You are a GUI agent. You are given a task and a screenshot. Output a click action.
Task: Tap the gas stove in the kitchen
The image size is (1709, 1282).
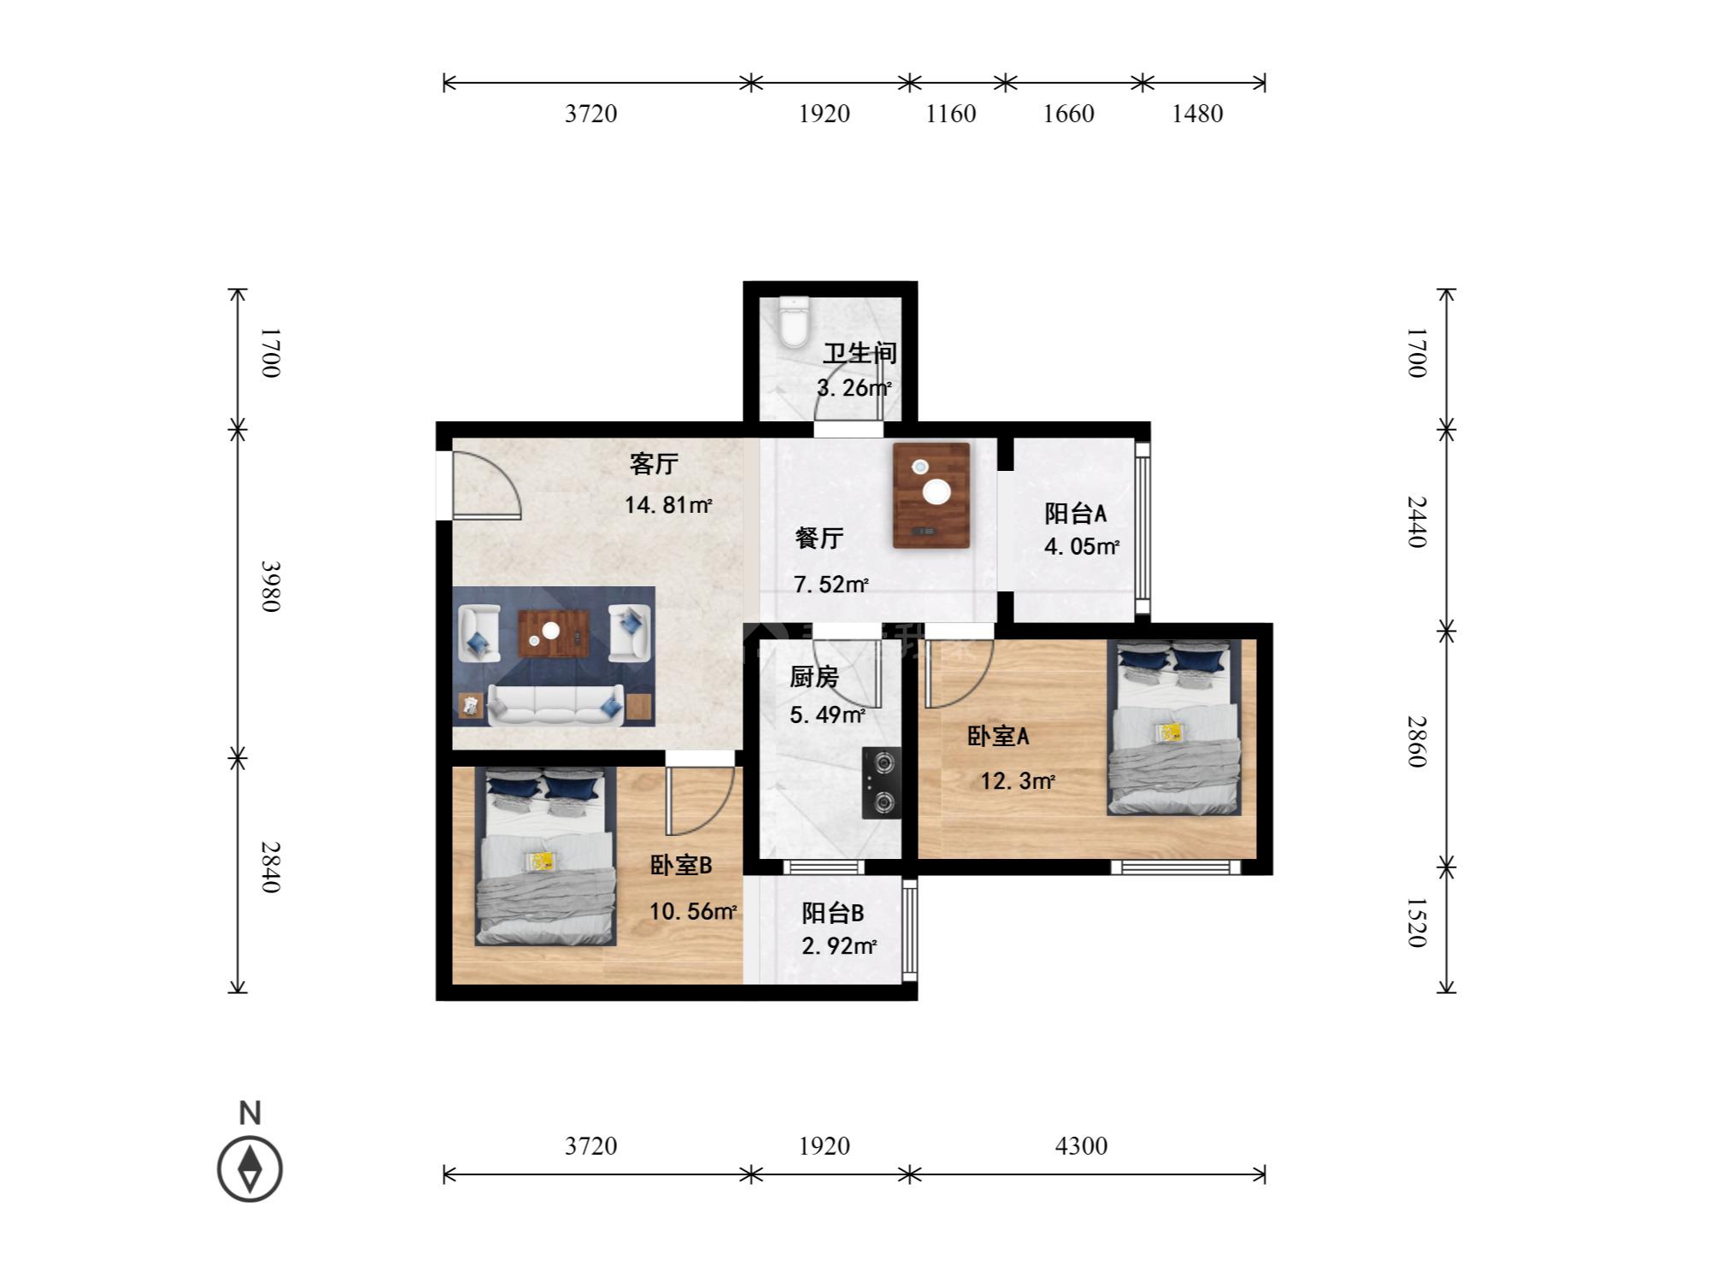pyautogui.click(x=881, y=783)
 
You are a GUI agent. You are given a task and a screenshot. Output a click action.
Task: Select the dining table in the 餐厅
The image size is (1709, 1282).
pyautogui.click(x=931, y=495)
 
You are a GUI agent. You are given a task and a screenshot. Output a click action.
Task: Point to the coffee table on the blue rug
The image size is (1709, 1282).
pyautogui.click(x=553, y=632)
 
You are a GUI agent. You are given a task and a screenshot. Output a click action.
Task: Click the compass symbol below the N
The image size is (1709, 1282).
pyautogui.click(x=250, y=1168)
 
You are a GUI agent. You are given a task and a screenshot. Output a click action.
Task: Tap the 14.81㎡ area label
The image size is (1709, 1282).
pyautogui.click(x=667, y=505)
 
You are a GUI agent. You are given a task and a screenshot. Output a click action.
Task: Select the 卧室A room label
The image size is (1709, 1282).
pyautogui.click(x=998, y=736)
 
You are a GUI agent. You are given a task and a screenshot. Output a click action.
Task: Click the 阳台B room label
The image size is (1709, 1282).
pyautogui.click(x=832, y=913)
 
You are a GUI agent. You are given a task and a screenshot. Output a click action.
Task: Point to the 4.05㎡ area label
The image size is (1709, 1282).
pyautogui.click(x=1081, y=546)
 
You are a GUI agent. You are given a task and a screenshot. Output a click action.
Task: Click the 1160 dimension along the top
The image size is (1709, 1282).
pyautogui.click(x=951, y=114)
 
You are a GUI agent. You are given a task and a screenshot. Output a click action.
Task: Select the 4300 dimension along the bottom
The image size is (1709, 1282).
pyautogui.click(x=1081, y=1145)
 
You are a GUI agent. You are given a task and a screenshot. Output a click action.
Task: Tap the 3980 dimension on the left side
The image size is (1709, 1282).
pyautogui.click(x=270, y=586)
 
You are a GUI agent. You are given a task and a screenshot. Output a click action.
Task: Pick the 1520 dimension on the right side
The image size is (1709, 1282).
pyautogui.click(x=1416, y=922)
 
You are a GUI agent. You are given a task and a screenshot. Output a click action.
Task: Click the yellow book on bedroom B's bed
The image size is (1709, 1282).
pyautogui.click(x=540, y=861)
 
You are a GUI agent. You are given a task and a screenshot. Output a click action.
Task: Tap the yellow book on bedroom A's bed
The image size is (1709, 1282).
pyautogui.click(x=1171, y=732)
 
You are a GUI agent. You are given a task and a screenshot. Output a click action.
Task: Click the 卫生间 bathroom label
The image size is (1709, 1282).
pyautogui.click(x=860, y=354)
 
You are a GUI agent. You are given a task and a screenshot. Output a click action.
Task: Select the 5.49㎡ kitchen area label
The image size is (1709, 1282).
pyautogui.click(x=826, y=715)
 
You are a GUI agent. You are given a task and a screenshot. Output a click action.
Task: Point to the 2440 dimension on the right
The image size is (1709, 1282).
pyautogui.click(x=1416, y=521)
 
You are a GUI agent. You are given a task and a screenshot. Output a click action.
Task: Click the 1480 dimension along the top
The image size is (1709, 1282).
pyautogui.click(x=1197, y=114)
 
